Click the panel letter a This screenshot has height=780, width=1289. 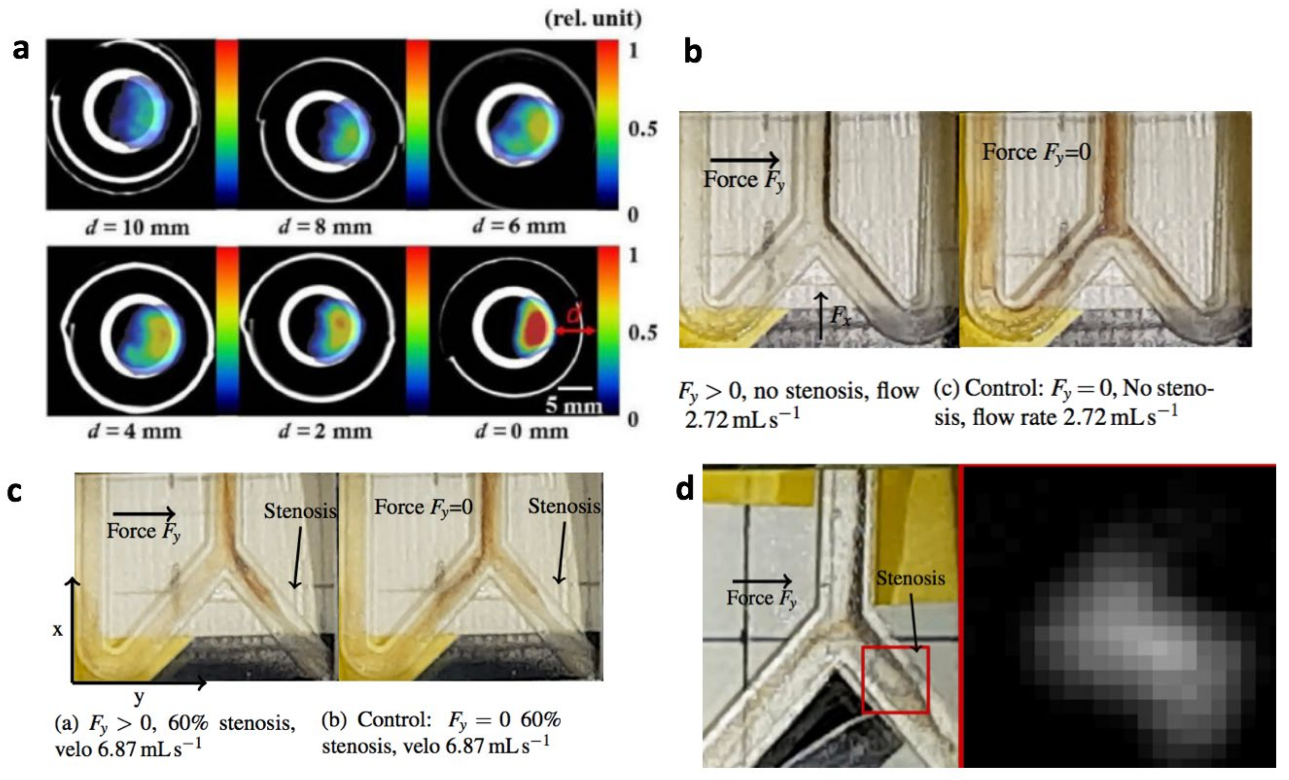tap(21, 50)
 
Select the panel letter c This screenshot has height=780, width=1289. tap(15, 492)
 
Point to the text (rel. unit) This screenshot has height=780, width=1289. tap(593, 19)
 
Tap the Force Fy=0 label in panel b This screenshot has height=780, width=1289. tap(1036, 153)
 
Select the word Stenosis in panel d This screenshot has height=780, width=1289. tap(910, 578)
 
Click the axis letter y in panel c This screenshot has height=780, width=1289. tap(139, 697)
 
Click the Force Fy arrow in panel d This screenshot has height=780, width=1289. tap(762, 580)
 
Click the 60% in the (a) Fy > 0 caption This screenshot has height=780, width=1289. tap(187, 723)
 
